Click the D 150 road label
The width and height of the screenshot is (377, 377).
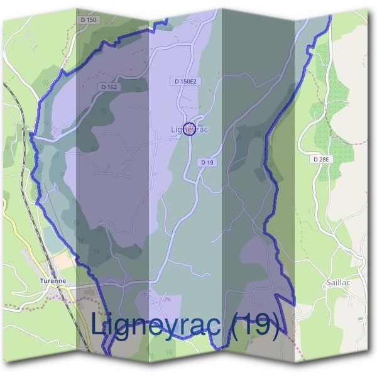click(x=89, y=20)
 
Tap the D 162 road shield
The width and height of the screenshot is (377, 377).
click(x=108, y=87)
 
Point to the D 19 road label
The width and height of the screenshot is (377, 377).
click(x=207, y=162)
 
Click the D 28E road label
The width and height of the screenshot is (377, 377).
click(x=320, y=160)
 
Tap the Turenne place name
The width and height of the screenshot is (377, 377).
click(x=53, y=280)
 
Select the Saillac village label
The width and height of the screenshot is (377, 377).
click(x=338, y=283)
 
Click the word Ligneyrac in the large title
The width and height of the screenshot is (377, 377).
click(x=158, y=325)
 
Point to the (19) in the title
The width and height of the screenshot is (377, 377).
click(x=254, y=325)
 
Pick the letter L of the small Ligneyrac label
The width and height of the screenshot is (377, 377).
click(x=173, y=129)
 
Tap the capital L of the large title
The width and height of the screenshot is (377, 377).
click(x=98, y=324)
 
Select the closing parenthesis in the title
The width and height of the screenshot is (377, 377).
click(x=275, y=325)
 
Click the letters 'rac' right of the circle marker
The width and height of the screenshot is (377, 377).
click(x=200, y=129)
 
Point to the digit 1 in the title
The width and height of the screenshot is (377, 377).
click(x=247, y=324)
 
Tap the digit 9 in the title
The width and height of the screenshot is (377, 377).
click(x=261, y=324)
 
